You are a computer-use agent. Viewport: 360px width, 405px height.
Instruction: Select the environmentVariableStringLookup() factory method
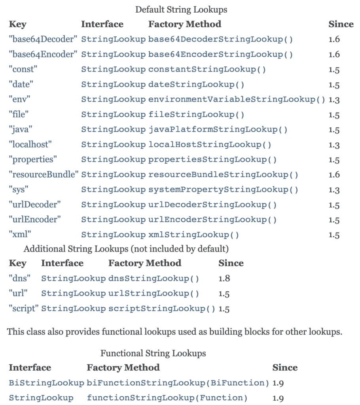tap(237, 99)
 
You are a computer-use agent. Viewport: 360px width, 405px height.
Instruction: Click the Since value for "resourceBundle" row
tap(334, 174)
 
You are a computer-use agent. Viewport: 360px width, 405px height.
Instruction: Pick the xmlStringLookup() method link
tap(193, 235)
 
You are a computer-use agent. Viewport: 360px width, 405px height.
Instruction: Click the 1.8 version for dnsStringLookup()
tap(224, 278)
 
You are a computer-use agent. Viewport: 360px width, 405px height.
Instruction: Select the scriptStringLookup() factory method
tap(162, 308)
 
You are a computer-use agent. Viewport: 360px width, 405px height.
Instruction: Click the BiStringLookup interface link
tap(46, 383)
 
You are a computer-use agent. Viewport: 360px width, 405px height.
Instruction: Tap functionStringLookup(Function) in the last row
tap(167, 398)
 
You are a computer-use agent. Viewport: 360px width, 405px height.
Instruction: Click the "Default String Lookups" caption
tap(181, 9)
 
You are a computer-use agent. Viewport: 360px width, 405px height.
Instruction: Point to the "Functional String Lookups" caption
tap(153, 353)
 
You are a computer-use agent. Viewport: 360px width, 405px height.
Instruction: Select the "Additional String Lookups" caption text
tap(126, 249)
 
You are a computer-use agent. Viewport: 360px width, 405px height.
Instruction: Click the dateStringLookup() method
tap(196, 84)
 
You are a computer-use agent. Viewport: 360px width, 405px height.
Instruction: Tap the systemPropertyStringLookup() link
tap(223, 189)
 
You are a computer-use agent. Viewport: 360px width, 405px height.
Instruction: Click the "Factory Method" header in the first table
tap(184, 24)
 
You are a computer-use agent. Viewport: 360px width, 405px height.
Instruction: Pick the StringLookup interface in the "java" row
tap(113, 129)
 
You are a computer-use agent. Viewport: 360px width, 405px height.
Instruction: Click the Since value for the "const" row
tap(334, 69)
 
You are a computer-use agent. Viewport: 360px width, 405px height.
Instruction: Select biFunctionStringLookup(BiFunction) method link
tap(178, 383)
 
